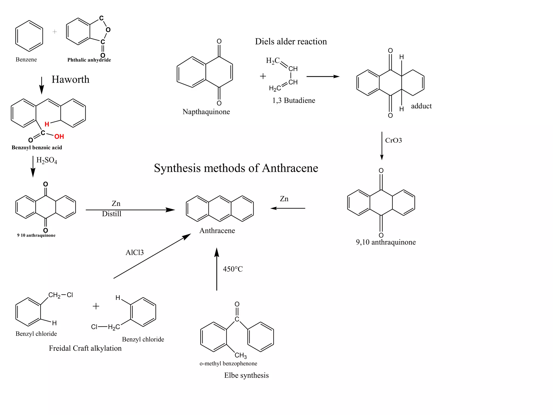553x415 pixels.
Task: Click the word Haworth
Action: pos(70,79)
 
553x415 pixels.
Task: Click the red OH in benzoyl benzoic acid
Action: pos(59,136)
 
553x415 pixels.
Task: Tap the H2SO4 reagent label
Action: pos(47,160)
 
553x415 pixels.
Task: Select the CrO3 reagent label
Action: pos(393,140)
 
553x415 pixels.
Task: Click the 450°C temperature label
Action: pos(233,269)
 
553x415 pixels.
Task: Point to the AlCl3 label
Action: pos(134,253)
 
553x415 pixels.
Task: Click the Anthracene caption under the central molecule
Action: pos(217,231)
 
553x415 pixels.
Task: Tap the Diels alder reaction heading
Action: pos(291,42)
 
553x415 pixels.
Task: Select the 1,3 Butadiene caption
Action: pos(294,101)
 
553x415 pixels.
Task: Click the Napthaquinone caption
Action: pos(206,112)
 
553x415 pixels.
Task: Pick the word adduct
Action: pos(421,106)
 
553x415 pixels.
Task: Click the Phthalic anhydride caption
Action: pos(89,60)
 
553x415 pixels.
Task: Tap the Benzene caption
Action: pos(26,59)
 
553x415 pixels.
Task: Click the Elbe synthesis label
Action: pos(246,375)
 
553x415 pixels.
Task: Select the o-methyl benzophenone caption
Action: pos(228,363)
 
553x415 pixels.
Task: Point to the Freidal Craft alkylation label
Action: pos(85,348)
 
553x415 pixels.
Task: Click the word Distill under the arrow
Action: pos(112,214)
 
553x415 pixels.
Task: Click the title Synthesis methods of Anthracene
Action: pos(236,168)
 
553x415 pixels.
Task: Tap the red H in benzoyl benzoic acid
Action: pos(47,124)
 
